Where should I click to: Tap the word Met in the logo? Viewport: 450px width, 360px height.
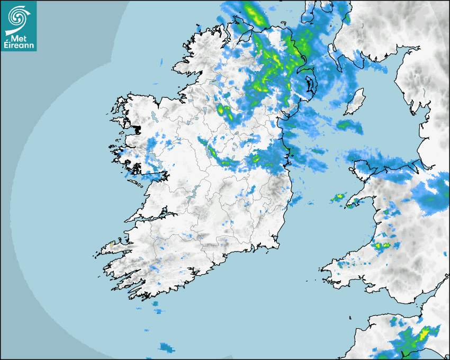coord(19,38)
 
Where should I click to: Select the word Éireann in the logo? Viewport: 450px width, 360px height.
coord(19,46)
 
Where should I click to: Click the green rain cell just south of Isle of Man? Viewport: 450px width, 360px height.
coord(348,125)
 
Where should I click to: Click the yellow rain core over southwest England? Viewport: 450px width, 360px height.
coord(424,335)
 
